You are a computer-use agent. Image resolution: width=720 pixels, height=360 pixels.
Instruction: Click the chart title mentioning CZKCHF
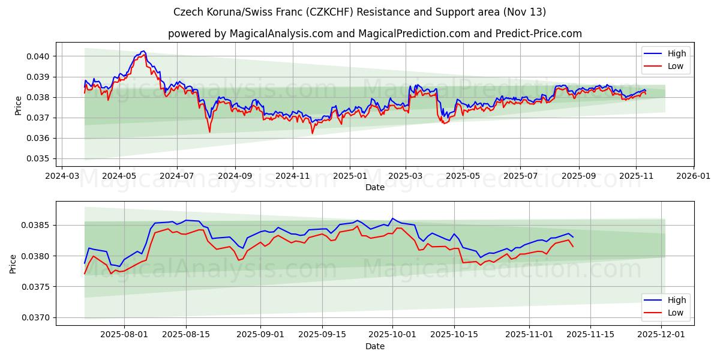[359, 12]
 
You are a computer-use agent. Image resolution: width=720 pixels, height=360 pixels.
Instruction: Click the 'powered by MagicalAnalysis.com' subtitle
[374, 34]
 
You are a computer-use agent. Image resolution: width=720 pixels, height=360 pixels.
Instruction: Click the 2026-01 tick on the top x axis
[694, 176]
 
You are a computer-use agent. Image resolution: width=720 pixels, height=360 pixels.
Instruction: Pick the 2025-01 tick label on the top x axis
[349, 176]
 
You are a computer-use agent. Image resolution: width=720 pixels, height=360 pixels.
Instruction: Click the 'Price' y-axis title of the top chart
[18, 105]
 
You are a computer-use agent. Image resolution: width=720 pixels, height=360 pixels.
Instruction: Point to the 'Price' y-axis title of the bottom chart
[13, 263]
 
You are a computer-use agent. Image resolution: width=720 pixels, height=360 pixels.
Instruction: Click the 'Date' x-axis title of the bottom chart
[374, 346]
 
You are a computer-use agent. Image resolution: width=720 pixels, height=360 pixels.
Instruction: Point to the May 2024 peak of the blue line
[143, 51]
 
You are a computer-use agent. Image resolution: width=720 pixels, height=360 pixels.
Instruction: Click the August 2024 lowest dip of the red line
[209, 132]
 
